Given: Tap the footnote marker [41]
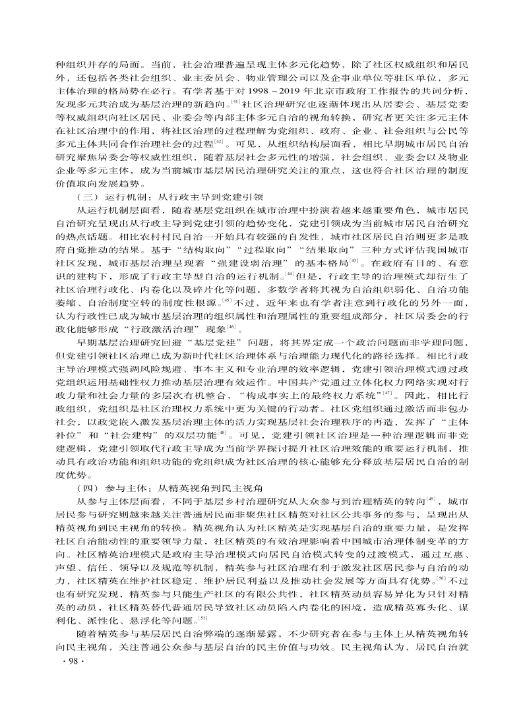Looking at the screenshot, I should click(x=234, y=102).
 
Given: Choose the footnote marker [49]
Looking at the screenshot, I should click(x=431, y=499).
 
